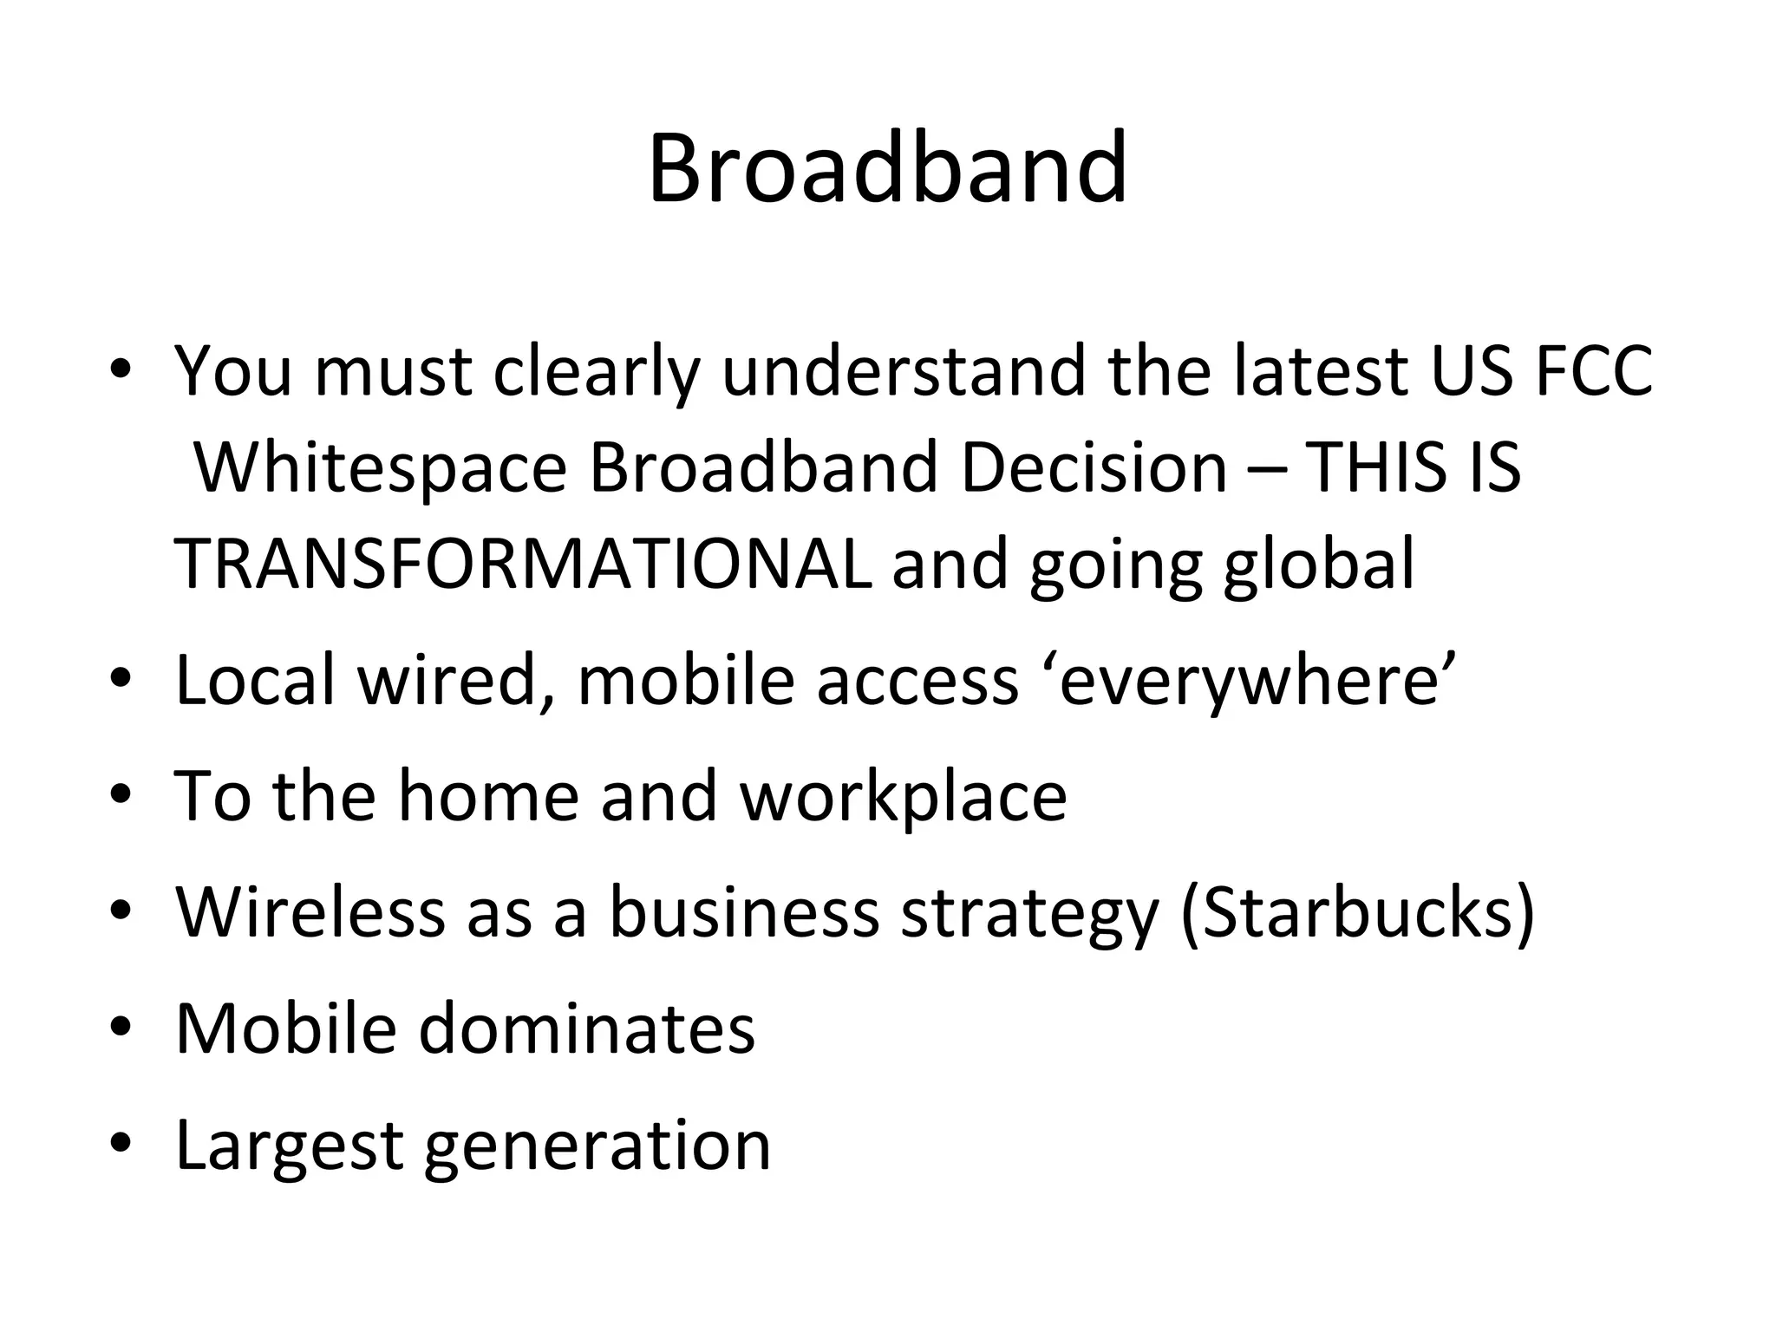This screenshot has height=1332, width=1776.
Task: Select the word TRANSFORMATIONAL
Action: (x=523, y=565)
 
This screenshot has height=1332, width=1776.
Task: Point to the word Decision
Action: (x=1094, y=468)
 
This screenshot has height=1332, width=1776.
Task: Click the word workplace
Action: (x=903, y=797)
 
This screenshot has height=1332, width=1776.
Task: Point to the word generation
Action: (x=597, y=1146)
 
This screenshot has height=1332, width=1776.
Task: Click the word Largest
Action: (x=289, y=1146)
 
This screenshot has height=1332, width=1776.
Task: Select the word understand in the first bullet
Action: (x=904, y=371)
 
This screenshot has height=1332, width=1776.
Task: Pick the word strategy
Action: (x=1030, y=915)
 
